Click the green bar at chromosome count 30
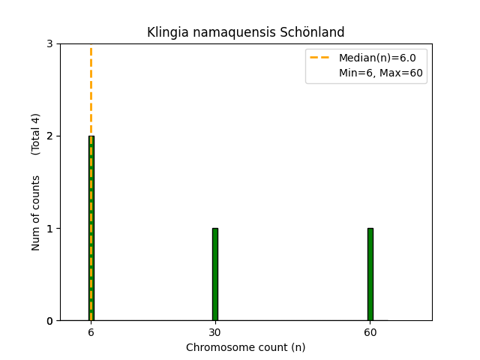click(x=215, y=274)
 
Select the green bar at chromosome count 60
click(x=370, y=274)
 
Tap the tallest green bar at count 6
click(x=91, y=228)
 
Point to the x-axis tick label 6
click(x=91, y=332)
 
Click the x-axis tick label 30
click(x=215, y=332)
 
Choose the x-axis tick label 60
click(x=370, y=332)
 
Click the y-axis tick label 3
click(x=49, y=44)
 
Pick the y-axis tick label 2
click(x=49, y=136)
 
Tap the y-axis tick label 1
click(x=49, y=229)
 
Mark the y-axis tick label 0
click(x=49, y=321)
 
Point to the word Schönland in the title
click(x=319, y=32)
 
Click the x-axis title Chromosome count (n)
click(x=246, y=348)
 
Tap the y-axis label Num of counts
click(x=36, y=213)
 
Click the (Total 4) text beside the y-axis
click(x=36, y=134)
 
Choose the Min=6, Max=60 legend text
click(x=381, y=73)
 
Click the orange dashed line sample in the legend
click(x=321, y=58)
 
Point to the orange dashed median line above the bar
click(x=91, y=90)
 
